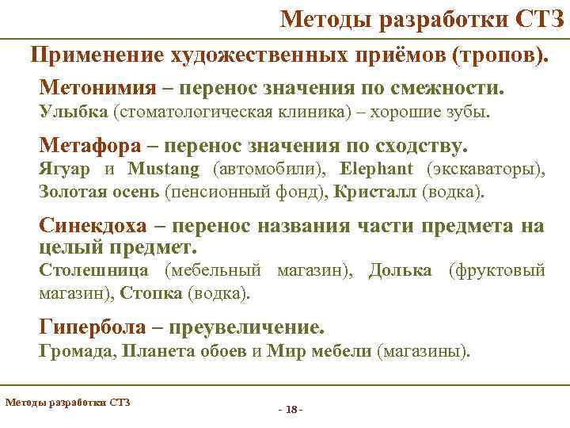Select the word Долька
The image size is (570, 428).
tap(401, 272)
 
